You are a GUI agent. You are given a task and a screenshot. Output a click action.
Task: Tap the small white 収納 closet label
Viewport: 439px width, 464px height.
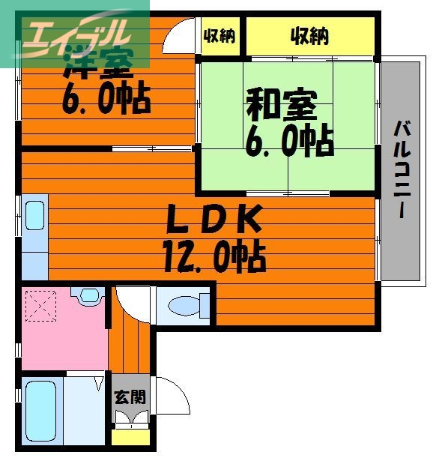click(219, 35)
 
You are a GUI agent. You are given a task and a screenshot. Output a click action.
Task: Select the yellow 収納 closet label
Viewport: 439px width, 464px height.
click(310, 35)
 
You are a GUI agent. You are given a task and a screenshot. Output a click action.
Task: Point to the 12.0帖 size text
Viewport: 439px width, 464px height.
click(214, 259)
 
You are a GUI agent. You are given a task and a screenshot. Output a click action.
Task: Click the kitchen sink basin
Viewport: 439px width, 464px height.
click(35, 216)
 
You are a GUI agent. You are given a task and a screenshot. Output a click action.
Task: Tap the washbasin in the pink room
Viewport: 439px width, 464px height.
click(90, 295)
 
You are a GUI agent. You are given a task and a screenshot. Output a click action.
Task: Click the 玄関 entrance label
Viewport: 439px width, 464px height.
click(130, 397)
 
